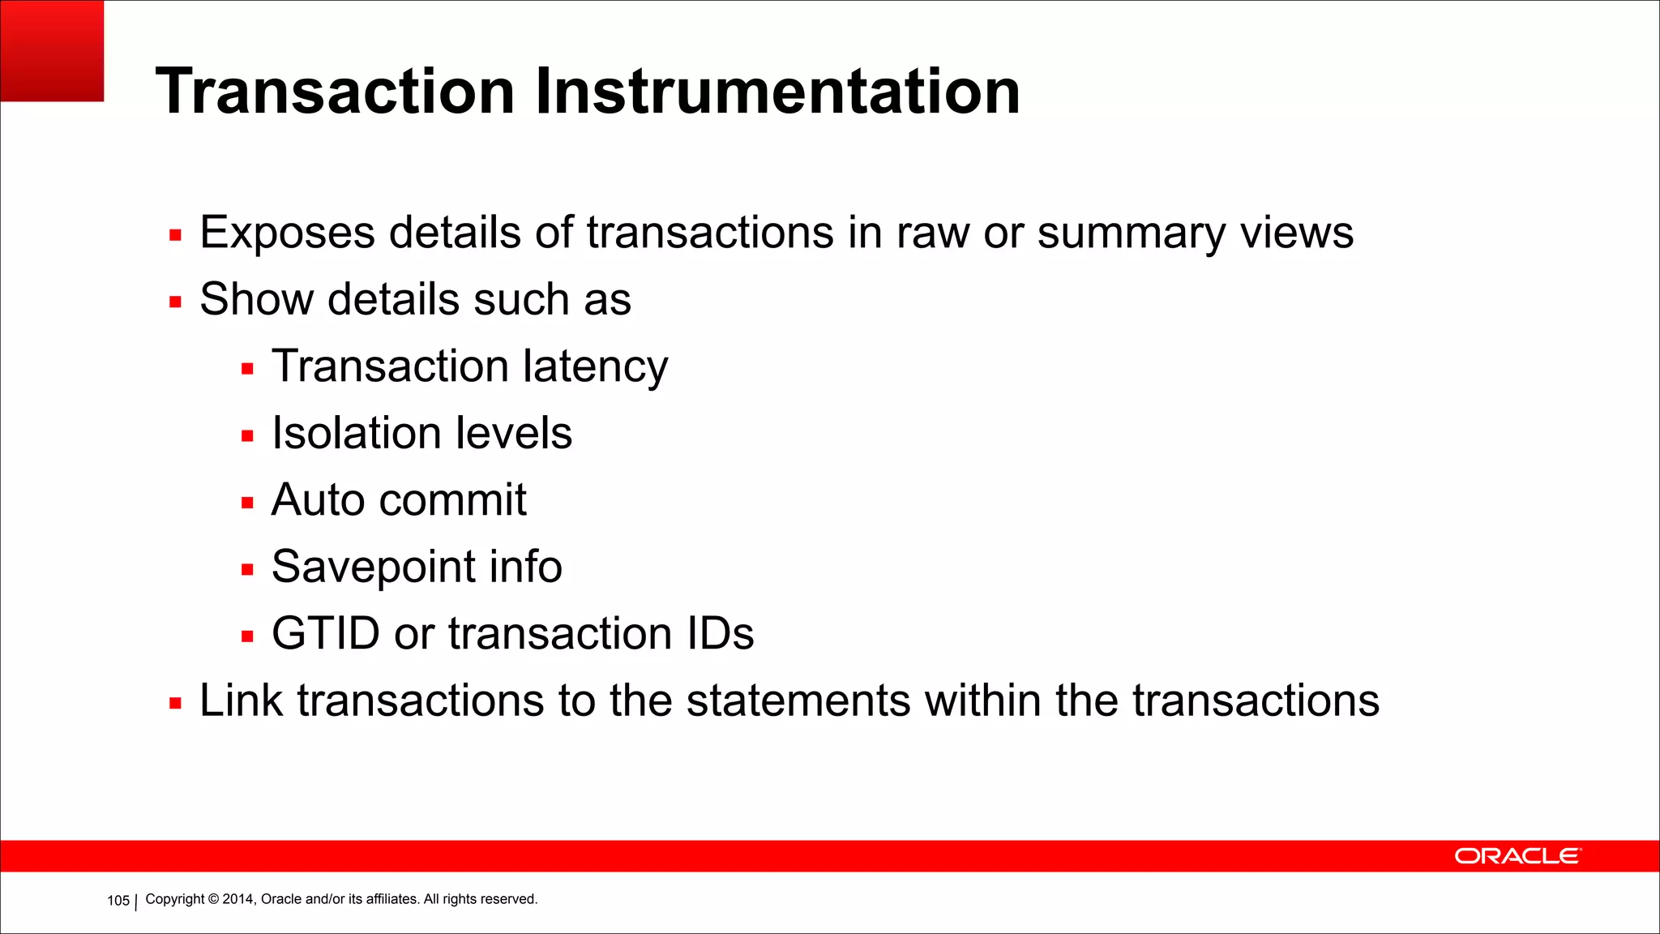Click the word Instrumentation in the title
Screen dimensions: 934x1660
coord(777,91)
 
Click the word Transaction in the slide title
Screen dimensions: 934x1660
coord(335,91)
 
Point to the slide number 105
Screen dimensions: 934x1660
coord(118,900)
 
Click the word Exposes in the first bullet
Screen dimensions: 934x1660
coord(287,233)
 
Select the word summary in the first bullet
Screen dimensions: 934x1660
coord(1132,233)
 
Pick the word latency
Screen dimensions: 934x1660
coord(595,366)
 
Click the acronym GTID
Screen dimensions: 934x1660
coord(325,633)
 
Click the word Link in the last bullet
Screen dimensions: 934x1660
coord(241,700)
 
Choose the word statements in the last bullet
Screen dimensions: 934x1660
coord(798,700)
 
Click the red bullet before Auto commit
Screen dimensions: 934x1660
coord(247,503)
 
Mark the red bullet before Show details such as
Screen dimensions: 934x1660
coord(175,302)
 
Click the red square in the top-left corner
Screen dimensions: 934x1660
coord(52,50)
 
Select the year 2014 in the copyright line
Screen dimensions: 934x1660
coord(237,899)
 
